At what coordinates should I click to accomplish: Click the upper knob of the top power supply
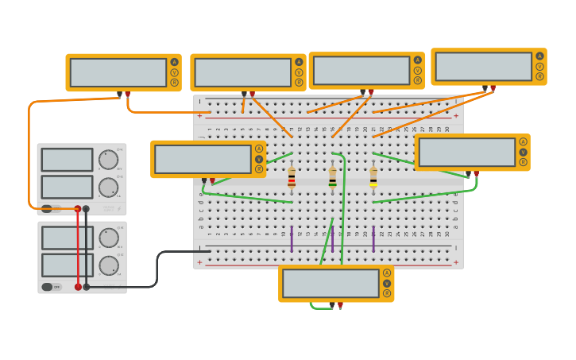tap(108, 160)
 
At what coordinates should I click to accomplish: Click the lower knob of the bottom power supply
tap(108, 265)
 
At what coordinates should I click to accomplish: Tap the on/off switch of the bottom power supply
tap(48, 287)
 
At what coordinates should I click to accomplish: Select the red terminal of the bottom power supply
tap(78, 287)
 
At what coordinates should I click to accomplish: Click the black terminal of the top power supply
tap(87, 209)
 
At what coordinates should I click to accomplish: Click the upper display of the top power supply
tap(67, 160)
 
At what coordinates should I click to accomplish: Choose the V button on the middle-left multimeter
tap(259, 159)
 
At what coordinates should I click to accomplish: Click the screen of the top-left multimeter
tap(118, 72)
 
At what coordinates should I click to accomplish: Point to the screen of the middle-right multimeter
tap(466, 152)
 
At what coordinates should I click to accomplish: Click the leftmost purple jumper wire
tap(292, 238)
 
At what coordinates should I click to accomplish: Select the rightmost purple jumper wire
tap(373, 238)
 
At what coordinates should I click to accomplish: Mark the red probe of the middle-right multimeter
tap(476, 172)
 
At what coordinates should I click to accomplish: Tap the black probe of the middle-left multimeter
tap(204, 180)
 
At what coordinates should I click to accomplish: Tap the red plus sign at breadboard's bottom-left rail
tap(199, 262)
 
